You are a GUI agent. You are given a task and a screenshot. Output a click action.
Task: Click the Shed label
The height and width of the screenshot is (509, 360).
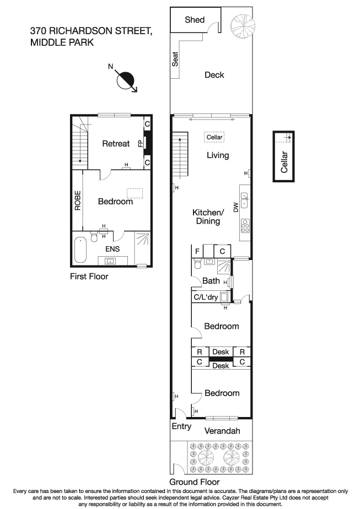point(195,20)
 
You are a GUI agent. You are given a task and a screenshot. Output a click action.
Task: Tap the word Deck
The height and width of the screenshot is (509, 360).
point(214,75)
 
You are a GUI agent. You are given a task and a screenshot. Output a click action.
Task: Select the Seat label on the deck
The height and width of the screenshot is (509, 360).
point(176,59)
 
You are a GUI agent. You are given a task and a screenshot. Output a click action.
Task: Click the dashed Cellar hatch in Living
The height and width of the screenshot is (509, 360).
point(214,137)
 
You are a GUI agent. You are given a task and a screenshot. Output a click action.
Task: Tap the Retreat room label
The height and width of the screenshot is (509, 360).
point(116,144)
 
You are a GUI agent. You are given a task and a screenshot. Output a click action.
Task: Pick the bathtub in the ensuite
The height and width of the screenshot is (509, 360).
point(81,250)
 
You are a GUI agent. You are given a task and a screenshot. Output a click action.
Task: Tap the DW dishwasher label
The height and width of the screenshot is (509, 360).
point(235,208)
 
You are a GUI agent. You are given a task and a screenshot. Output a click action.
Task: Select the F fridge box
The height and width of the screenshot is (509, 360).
point(197,251)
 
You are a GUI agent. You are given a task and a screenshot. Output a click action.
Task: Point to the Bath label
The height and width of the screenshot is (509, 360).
point(211,281)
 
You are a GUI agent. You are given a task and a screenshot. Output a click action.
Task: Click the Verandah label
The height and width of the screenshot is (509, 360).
point(222,431)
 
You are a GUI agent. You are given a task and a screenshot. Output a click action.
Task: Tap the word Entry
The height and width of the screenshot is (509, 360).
point(181,426)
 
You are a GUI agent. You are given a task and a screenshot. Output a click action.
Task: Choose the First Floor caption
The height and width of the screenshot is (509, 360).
point(89,277)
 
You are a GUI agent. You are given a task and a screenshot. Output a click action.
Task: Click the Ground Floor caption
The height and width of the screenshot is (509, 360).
point(191,481)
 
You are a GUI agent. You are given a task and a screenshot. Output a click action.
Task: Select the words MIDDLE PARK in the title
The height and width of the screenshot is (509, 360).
point(62,42)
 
